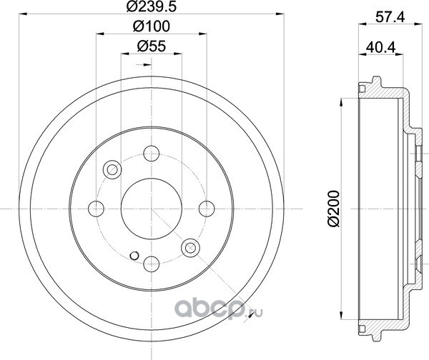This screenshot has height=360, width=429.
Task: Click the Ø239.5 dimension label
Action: coord(151,6)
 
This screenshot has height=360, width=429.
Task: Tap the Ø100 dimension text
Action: coord(152,26)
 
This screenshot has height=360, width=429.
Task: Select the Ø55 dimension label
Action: coord(152,46)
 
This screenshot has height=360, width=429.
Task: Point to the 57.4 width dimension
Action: coord(390,17)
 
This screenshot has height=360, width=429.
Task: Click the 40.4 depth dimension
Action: coord(381,48)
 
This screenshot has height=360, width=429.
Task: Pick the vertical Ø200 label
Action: coord(333,209)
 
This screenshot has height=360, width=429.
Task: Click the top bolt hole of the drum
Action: coord(152,154)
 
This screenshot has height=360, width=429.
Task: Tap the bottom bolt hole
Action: coord(152,264)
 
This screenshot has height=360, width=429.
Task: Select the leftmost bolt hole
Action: coord(96,209)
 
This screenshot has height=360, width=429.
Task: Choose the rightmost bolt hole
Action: coord(207,209)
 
